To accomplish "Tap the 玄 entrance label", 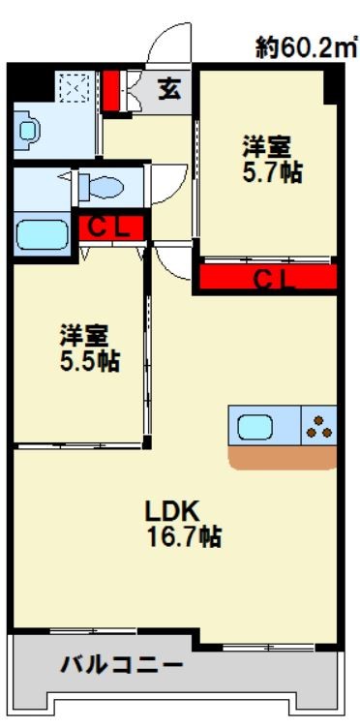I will coord(168,90).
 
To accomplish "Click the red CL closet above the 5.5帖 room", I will coord(111,228).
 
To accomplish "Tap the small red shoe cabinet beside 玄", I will coord(112,90).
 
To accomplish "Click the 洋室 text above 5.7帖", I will coord(266,149).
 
